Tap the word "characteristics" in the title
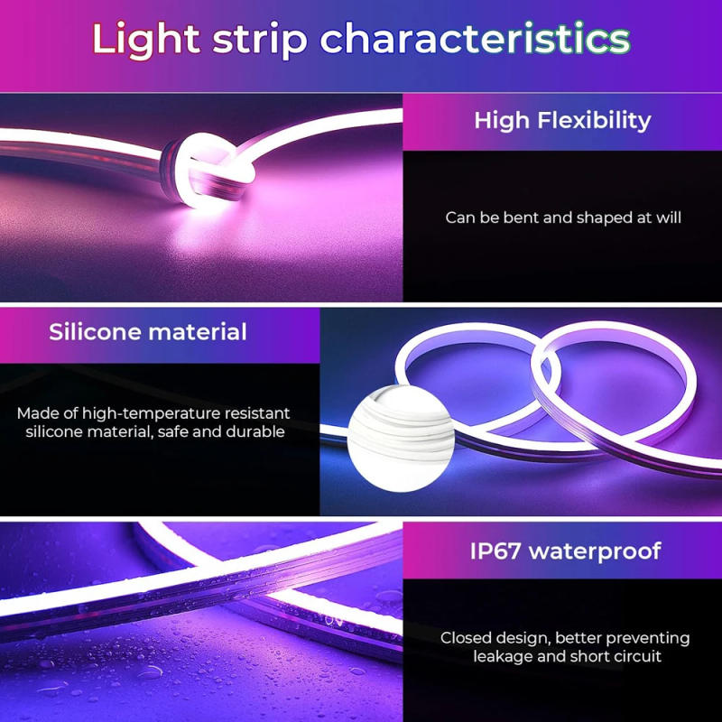[476, 40]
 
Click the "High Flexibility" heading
[562, 121]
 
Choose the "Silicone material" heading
[148, 332]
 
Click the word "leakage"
[504, 657]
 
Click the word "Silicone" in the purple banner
[96, 332]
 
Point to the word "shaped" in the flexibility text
[601, 218]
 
